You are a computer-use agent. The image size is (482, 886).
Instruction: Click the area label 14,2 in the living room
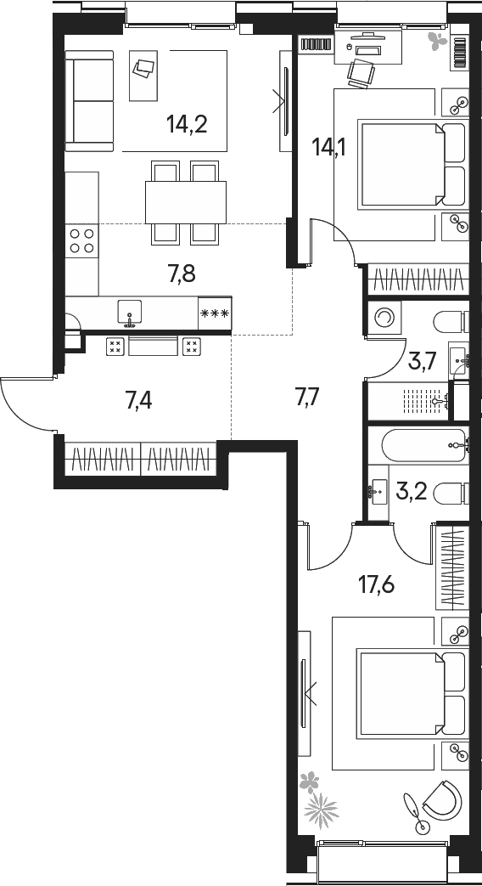[187, 126]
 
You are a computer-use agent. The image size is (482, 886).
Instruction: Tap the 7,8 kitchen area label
[181, 273]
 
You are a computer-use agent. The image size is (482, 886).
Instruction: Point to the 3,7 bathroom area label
[423, 363]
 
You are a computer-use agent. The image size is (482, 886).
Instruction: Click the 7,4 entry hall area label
[138, 400]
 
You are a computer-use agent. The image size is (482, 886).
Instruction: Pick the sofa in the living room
[89, 100]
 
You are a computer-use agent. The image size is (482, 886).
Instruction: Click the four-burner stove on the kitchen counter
[81, 241]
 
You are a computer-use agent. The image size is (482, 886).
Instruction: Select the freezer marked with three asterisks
[214, 313]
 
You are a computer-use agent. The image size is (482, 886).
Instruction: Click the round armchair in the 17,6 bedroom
[440, 801]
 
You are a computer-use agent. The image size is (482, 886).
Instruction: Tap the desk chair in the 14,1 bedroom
[361, 75]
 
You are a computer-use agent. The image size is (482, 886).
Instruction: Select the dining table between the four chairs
[186, 202]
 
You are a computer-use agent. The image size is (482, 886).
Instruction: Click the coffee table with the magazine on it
[143, 68]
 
